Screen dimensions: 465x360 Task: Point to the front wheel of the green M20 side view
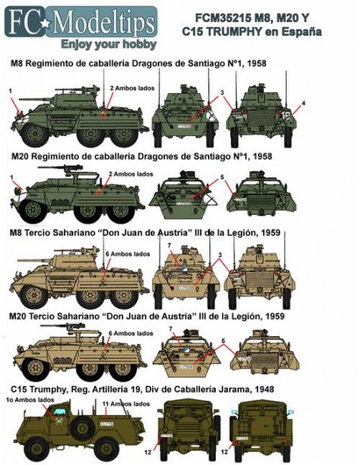click(33, 211)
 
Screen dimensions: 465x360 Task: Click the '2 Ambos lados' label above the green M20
click(129, 173)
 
